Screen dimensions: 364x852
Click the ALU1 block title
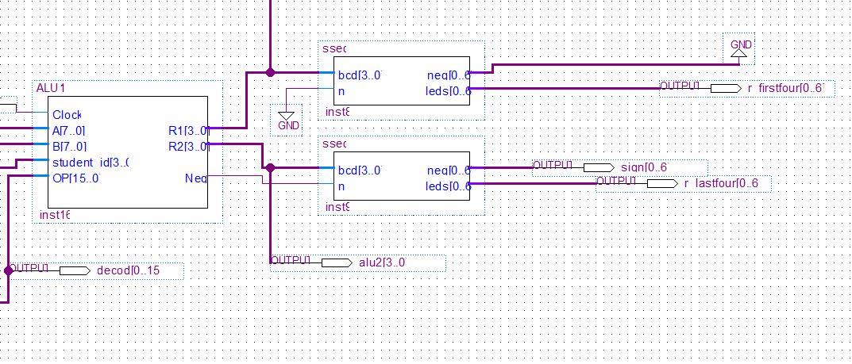click(x=50, y=87)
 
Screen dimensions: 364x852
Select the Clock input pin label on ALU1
click(x=67, y=115)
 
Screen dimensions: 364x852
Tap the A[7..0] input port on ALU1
click(x=69, y=131)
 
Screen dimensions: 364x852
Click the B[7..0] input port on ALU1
click(x=69, y=147)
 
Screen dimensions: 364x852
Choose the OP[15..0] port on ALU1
click(x=75, y=178)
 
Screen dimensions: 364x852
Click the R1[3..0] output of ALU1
click(x=188, y=131)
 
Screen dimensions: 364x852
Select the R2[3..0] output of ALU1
click(x=188, y=147)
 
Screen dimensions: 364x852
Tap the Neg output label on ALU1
click(x=195, y=178)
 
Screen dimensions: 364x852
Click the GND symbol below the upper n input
click(x=287, y=120)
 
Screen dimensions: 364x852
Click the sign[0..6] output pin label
click(x=644, y=167)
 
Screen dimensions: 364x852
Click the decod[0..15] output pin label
click(x=128, y=270)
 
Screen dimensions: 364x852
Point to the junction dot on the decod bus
click(x=9, y=270)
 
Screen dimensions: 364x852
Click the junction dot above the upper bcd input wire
click(x=270, y=72)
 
